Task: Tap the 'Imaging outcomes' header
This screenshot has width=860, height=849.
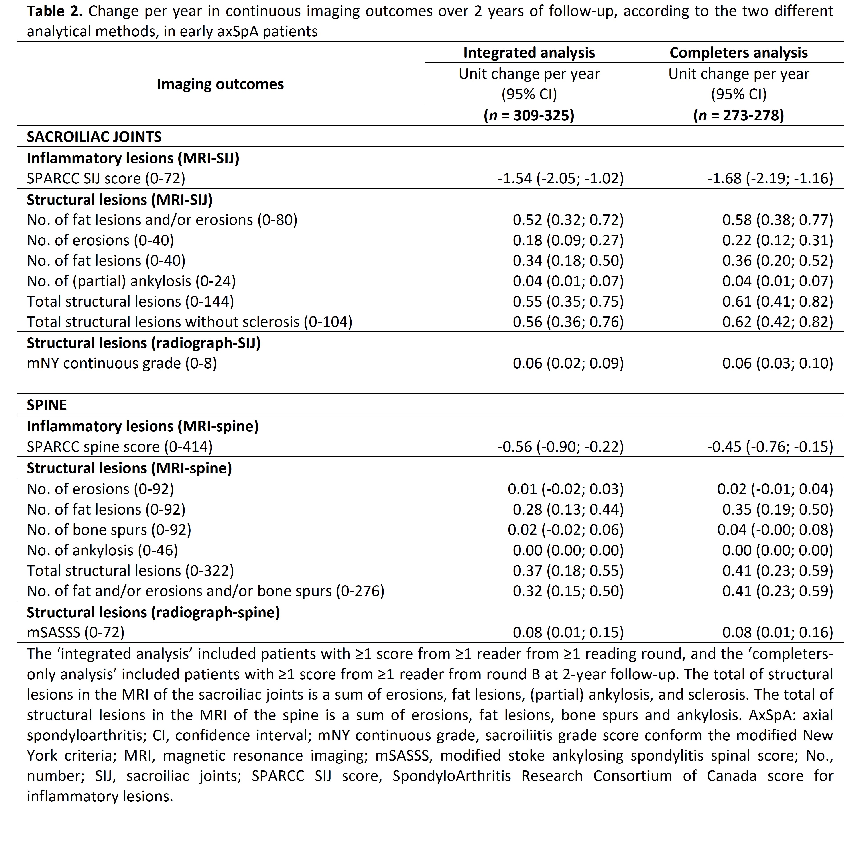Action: tap(220, 84)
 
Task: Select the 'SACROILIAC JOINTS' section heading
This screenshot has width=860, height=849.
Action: tap(94, 137)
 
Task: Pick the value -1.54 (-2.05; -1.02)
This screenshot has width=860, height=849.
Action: tap(560, 179)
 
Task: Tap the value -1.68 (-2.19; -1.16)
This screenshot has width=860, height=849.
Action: tap(770, 179)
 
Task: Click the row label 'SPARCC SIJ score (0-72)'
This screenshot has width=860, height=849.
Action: tap(106, 179)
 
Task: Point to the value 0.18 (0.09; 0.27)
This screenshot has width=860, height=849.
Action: tap(568, 240)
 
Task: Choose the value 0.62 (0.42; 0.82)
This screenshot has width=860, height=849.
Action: tap(777, 322)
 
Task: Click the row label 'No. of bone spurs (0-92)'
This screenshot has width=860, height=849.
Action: tap(109, 530)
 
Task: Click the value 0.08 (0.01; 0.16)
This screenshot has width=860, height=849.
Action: tap(777, 633)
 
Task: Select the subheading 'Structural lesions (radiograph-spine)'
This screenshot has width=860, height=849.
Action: tap(153, 613)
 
